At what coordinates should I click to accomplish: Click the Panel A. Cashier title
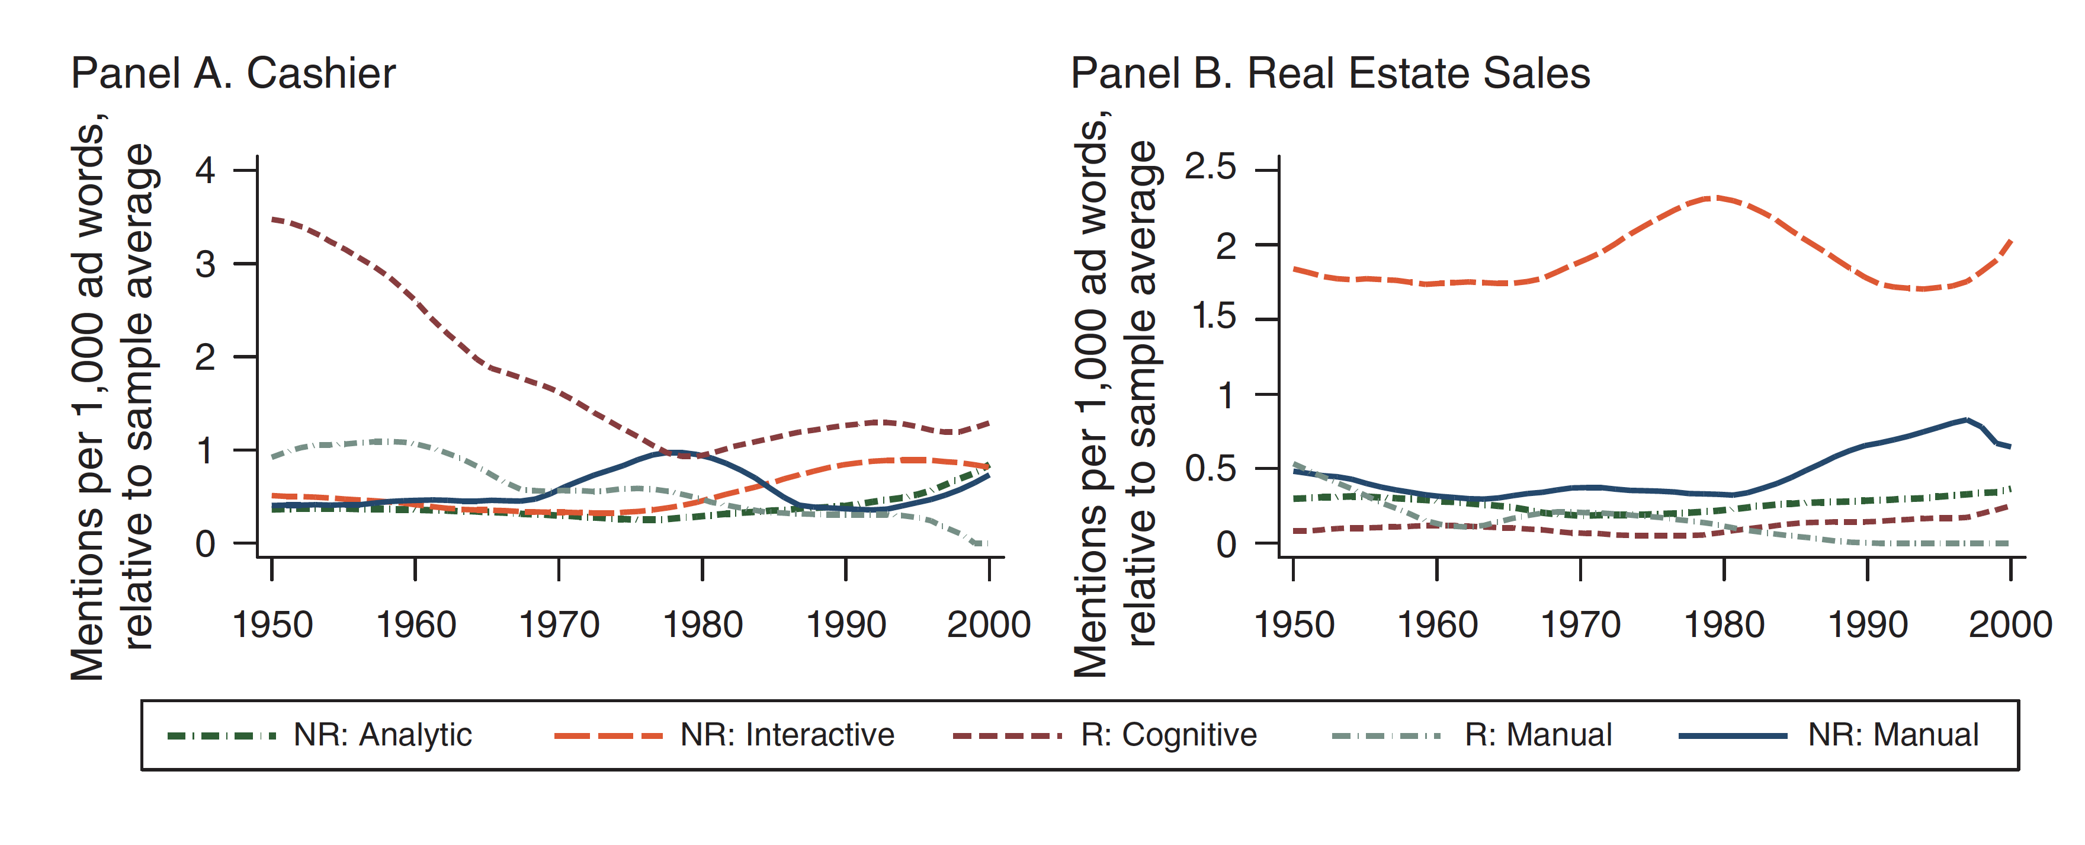pyautogui.click(x=233, y=73)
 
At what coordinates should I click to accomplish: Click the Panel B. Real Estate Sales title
pyautogui.click(x=1330, y=73)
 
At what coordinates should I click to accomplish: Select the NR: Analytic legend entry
pyautogui.click(x=382, y=735)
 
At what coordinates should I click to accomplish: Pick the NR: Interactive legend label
pyautogui.click(x=787, y=735)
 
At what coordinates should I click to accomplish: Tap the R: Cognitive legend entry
pyautogui.click(x=1168, y=735)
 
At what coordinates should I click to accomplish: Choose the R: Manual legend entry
pyautogui.click(x=1538, y=735)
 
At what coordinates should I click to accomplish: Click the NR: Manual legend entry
pyautogui.click(x=1892, y=735)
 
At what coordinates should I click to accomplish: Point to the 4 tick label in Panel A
pyautogui.click(x=206, y=171)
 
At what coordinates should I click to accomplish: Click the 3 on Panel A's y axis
pyautogui.click(x=206, y=264)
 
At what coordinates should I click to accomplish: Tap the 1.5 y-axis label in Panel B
pyautogui.click(x=1214, y=317)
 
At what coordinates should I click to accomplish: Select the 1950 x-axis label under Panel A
pyautogui.click(x=272, y=625)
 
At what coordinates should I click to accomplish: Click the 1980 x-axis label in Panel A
pyautogui.click(x=703, y=625)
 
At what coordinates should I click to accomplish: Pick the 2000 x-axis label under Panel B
pyautogui.click(x=2010, y=625)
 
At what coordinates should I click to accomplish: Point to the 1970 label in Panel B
pyautogui.click(x=1580, y=625)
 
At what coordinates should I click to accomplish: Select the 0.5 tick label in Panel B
pyautogui.click(x=1211, y=468)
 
